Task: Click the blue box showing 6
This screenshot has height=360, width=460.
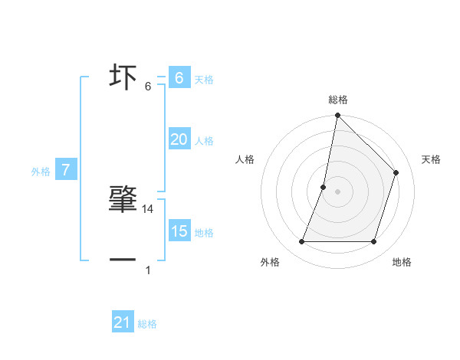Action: tap(179, 78)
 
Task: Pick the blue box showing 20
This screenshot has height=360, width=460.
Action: tap(179, 139)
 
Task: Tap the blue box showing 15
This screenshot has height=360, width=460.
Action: tap(179, 231)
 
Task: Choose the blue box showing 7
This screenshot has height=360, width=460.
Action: tap(66, 170)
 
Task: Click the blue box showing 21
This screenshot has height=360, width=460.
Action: tap(123, 322)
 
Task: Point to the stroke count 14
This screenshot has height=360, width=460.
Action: tap(149, 209)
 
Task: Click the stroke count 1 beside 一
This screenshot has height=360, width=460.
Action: tap(148, 270)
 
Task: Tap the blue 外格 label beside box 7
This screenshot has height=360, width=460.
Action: tap(41, 172)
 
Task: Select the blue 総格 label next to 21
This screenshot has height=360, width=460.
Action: tap(147, 324)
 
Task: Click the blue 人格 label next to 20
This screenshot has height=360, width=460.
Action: tap(204, 141)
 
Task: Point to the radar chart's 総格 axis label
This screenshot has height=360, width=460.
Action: tap(338, 100)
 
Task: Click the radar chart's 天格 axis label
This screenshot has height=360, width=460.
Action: tap(431, 159)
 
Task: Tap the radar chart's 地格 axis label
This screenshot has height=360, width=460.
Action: tap(402, 262)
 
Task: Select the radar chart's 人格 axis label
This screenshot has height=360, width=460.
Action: tap(245, 159)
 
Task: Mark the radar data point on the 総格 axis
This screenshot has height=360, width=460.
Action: tap(337, 116)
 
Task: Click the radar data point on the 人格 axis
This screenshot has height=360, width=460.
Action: tap(324, 187)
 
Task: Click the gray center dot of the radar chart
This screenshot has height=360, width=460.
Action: tap(337, 191)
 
